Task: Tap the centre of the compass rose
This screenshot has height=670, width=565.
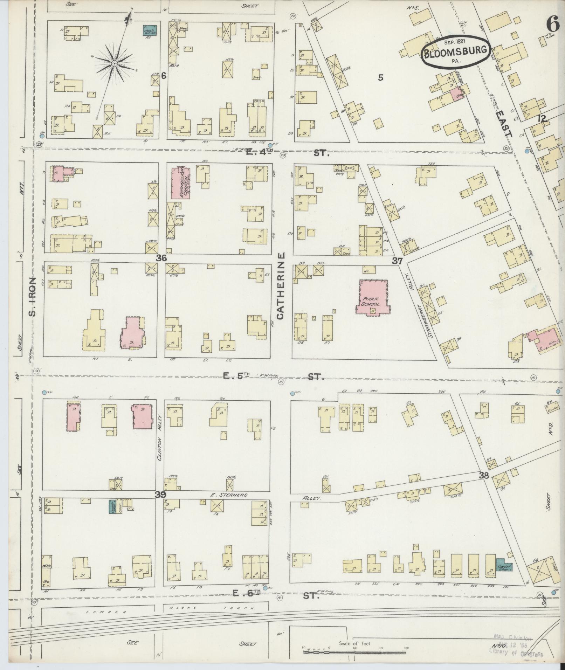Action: pyautogui.click(x=114, y=63)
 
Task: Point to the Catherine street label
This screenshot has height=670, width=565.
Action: pyautogui.click(x=281, y=286)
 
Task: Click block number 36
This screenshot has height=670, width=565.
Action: pyautogui.click(x=161, y=258)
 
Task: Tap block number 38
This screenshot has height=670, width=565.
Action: pyautogui.click(x=484, y=475)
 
